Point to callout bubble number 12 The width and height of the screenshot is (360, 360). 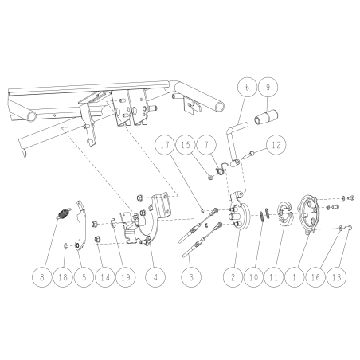click(275, 146)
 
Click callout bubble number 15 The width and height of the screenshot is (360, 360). click(186, 146)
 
